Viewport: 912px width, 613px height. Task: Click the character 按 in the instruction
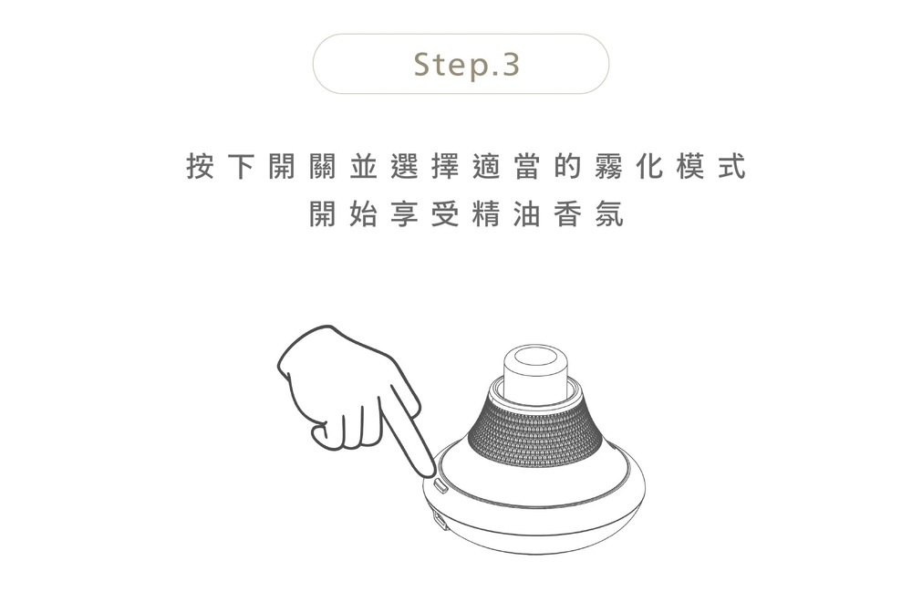click(x=200, y=166)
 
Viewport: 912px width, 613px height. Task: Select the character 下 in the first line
click(x=241, y=166)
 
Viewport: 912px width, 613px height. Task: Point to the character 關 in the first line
click(x=323, y=166)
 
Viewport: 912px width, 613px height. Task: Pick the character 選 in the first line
click(x=405, y=166)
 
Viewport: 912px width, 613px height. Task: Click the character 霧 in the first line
click(x=609, y=166)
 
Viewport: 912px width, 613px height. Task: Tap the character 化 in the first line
click(x=650, y=166)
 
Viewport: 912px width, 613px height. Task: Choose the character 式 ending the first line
click(x=732, y=166)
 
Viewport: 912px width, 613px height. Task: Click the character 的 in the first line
click(x=568, y=166)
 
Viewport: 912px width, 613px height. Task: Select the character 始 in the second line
click(x=364, y=214)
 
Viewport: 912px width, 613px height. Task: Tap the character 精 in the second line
click(x=486, y=214)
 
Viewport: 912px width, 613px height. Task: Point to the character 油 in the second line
click(x=527, y=214)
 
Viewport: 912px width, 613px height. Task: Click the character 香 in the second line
click(x=568, y=214)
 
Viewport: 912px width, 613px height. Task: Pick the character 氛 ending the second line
click(x=609, y=214)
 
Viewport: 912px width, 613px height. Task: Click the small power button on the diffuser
click(x=441, y=485)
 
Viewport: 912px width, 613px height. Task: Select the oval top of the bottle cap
click(x=535, y=356)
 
